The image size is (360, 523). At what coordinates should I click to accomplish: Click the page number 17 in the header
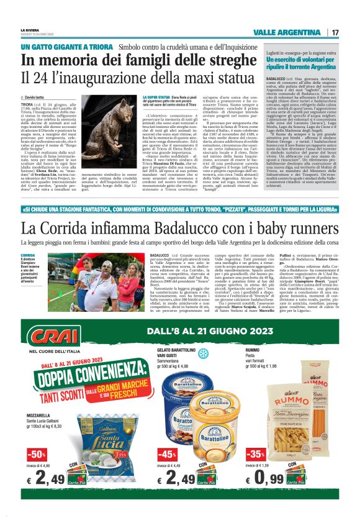click(335, 32)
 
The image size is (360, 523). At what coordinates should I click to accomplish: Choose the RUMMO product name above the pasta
click(253, 350)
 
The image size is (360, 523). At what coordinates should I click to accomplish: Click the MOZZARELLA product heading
click(40, 415)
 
